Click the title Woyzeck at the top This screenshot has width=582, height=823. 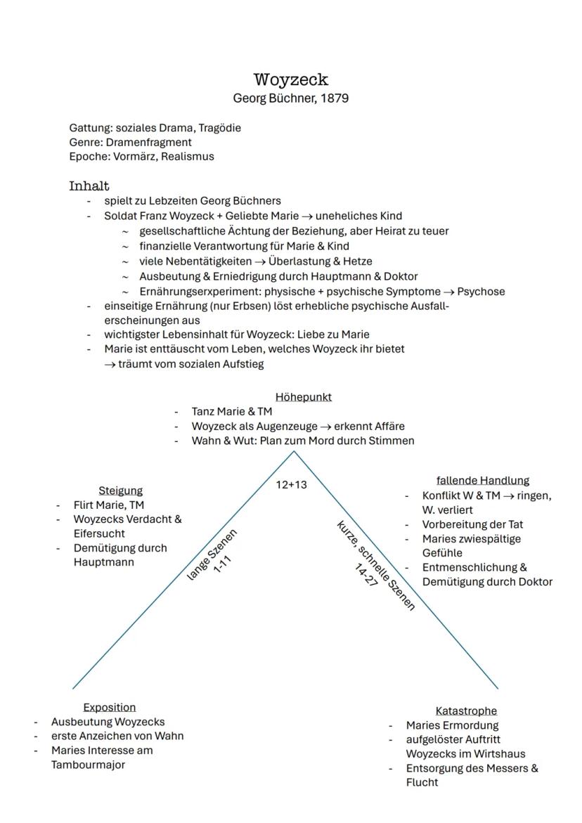(x=291, y=80)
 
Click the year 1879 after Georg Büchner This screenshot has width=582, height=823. (x=334, y=98)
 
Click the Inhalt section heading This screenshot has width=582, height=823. (x=89, y=186)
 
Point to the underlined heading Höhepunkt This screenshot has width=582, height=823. (x=303, y=397)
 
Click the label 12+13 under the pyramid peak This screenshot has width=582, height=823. (x=291, y=485)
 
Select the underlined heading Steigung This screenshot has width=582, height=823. (x=120, y=491)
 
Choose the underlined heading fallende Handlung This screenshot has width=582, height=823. (x=482, y=481)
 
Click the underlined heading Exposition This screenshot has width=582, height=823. (x=109, y=707)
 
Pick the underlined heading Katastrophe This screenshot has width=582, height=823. (x=466, y=711)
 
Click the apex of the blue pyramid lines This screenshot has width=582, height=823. (x=294, y=451)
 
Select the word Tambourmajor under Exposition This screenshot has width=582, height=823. (x=88, y=765)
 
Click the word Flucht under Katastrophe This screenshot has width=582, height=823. (x=422, y=782)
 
